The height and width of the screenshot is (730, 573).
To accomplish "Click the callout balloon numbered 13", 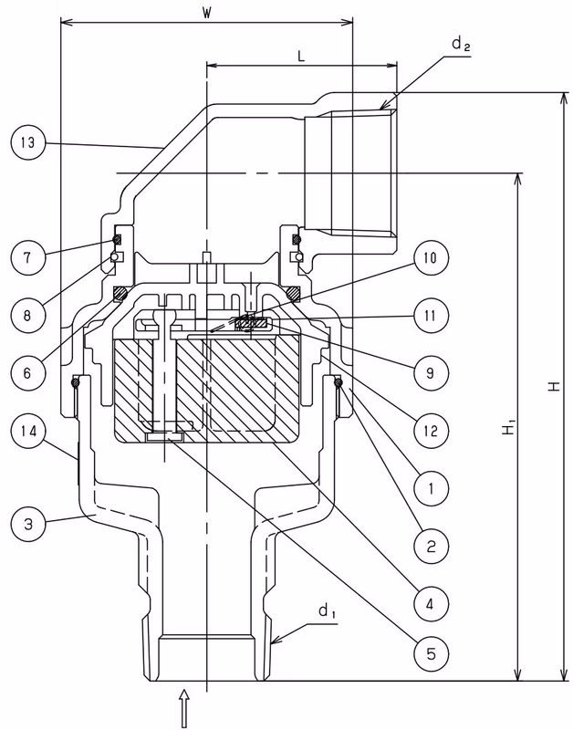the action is tap(27, 142).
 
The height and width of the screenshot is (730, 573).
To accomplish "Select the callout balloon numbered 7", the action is tap(27, 257).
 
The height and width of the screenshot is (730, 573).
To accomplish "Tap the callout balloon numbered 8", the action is tap(27, 315).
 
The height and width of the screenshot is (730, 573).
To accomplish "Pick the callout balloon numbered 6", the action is tap(27, 372).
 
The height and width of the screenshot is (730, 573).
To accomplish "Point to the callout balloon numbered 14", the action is tap(27, 430).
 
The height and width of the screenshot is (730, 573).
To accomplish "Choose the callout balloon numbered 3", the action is tap(27, 524).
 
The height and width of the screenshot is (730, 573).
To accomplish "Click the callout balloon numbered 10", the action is tap(431, 257).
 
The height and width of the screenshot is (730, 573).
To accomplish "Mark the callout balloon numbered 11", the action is tap(431, 315).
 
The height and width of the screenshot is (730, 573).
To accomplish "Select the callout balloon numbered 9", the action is tap(431, 372).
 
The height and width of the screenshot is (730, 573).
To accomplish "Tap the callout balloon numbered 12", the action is tap(431, 430).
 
